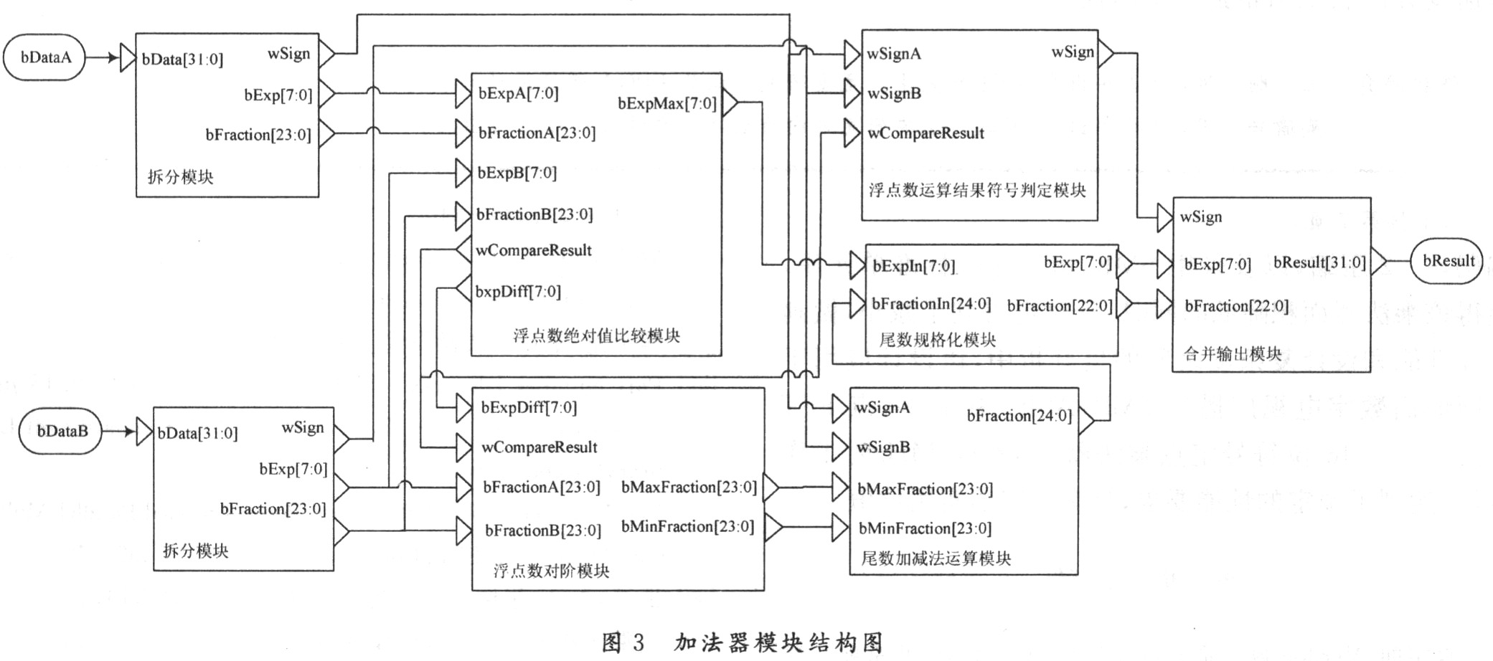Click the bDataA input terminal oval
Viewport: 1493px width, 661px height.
[x=44, y=58]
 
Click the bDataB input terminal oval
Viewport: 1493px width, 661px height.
[x=61, y=432]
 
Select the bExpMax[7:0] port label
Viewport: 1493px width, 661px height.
[x=667, y=104]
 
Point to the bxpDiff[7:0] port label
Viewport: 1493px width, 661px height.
[x=518, y=292]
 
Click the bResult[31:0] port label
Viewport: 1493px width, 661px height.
[x=1319, y=262]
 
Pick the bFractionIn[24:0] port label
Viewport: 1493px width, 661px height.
[x=931, y=304]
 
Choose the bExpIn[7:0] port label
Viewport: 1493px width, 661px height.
[x=913, y=267]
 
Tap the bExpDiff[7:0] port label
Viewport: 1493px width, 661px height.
[x=529, y=408]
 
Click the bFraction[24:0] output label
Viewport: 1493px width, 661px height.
[x=1019, y=416]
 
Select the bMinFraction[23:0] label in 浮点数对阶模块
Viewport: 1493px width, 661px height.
[x=687, y=527]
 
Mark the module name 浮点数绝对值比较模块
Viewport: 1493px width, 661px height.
[x=596, y=336]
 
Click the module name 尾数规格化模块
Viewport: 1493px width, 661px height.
[x=938, y=340]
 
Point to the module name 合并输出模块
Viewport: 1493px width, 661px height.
[x=1233, y=353]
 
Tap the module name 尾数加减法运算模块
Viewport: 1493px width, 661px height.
[x=936, y=558]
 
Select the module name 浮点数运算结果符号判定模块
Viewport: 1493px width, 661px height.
[x=977, y=191]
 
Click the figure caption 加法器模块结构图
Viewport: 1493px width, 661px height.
[x=778, y=642]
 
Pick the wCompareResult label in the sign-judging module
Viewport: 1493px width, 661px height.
[x=926, y=133]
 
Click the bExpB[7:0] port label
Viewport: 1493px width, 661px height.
[x=517, y=173]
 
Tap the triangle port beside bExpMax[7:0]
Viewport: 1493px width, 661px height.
[x=730, y=103]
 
